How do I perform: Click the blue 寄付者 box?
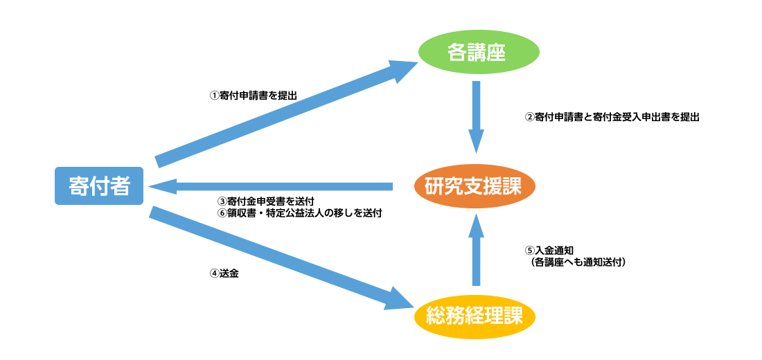point(99,186)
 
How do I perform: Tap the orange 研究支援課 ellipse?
point(476,186)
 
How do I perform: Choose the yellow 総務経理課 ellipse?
point(476,317)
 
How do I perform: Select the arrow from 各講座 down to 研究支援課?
point(476,114)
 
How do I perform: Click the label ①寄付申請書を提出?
point(253,96)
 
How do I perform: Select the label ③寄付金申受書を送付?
point(266,201)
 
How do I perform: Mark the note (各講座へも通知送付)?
point(578,262)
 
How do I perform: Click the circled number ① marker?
point(214,96)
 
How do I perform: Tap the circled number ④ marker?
point(214,273)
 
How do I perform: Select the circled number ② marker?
point(529,118)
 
